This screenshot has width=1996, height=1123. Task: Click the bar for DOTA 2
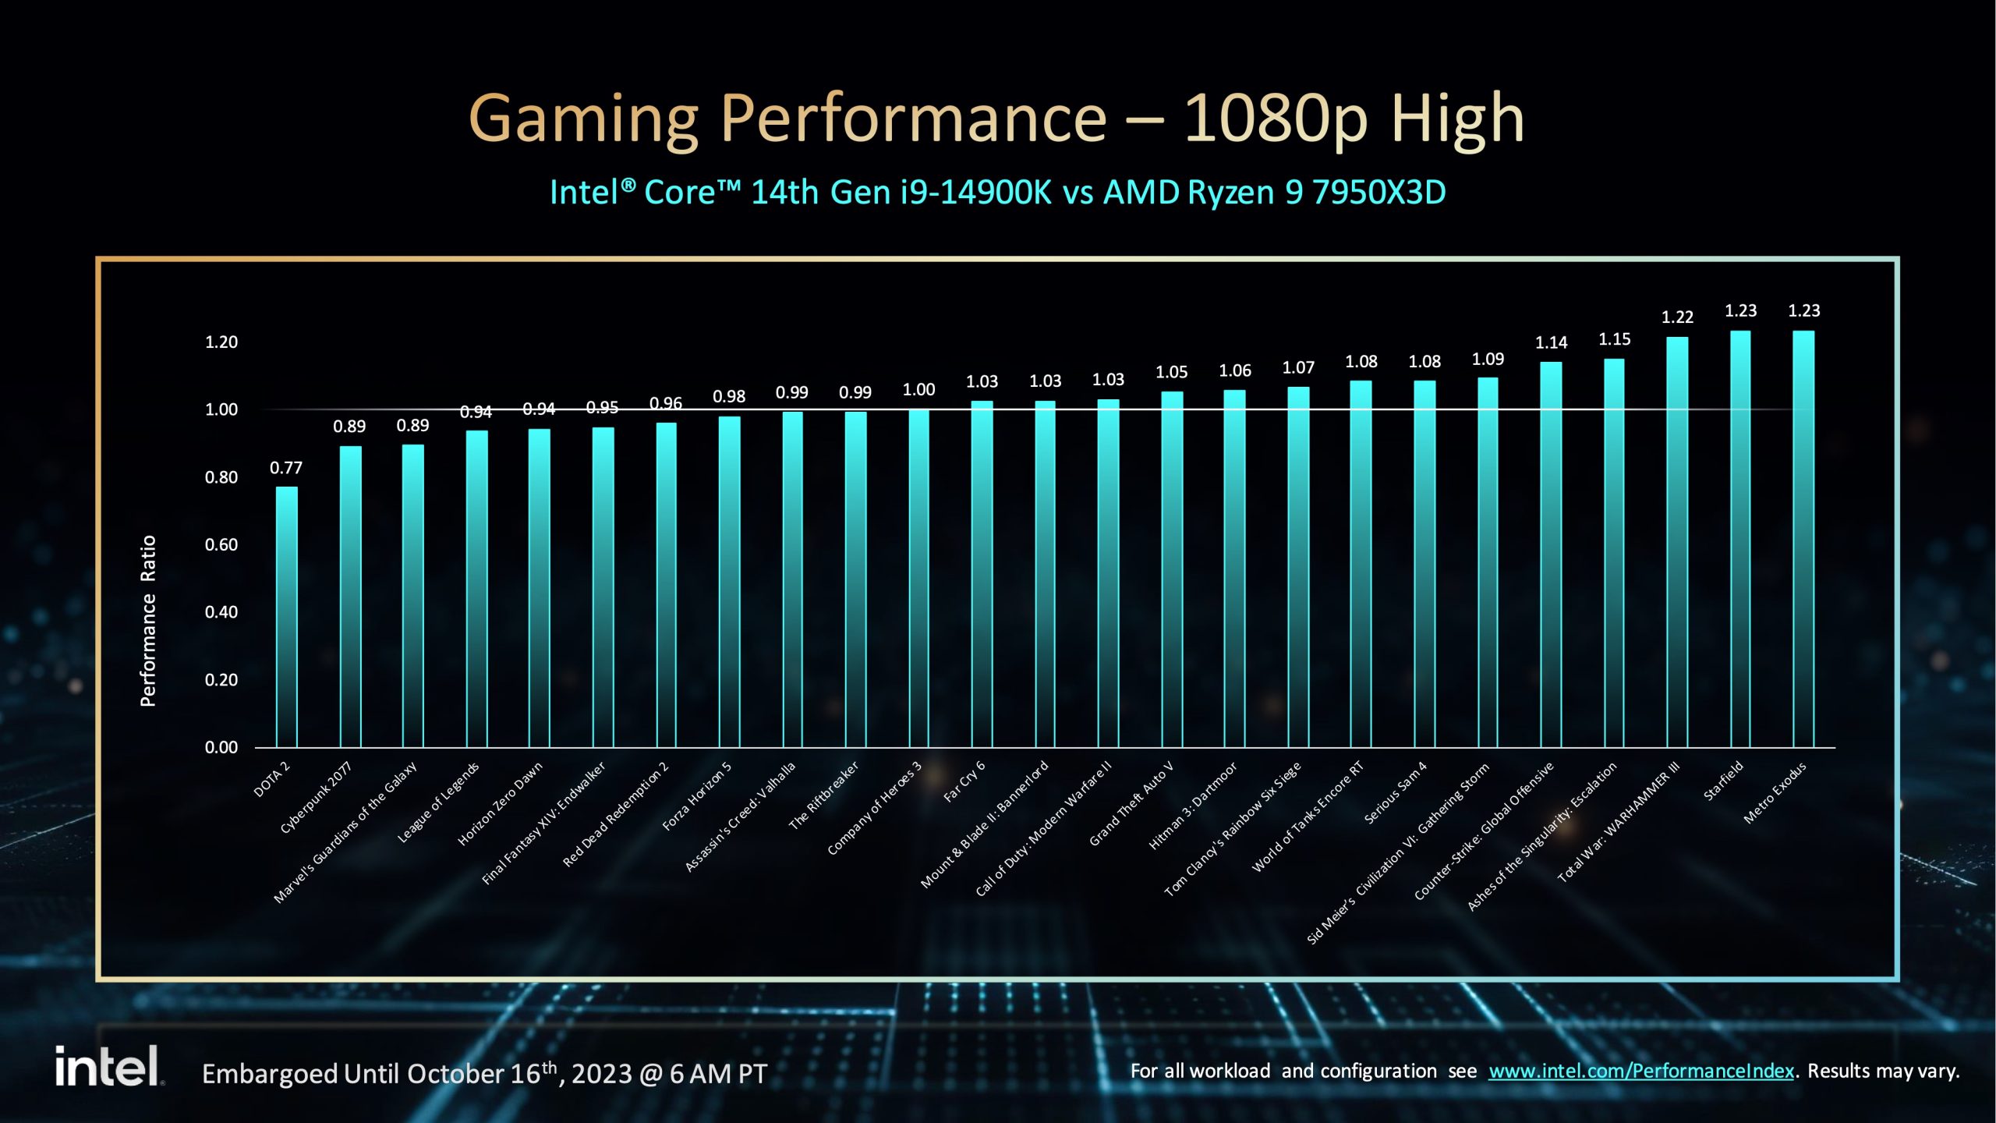286,616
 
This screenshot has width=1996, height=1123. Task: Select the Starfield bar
1740,538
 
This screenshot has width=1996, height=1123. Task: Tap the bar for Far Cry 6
982,573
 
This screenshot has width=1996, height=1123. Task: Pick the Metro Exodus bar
1803,538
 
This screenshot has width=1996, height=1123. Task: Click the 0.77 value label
286,468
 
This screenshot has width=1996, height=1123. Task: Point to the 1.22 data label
1677,317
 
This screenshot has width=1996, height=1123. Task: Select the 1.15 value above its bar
1614,339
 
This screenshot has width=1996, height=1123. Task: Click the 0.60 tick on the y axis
221,545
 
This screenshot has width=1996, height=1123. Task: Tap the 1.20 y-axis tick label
221,342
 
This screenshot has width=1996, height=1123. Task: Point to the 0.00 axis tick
221,748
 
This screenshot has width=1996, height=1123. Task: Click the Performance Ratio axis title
148,621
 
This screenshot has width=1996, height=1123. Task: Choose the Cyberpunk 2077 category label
316,798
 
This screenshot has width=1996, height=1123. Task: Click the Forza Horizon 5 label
697,796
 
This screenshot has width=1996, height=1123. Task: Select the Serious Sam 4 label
1396,792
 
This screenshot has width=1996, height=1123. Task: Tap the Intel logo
108,1066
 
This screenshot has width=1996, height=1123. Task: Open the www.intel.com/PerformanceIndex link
1640,1072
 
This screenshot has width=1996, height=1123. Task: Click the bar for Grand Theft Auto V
1172,569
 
